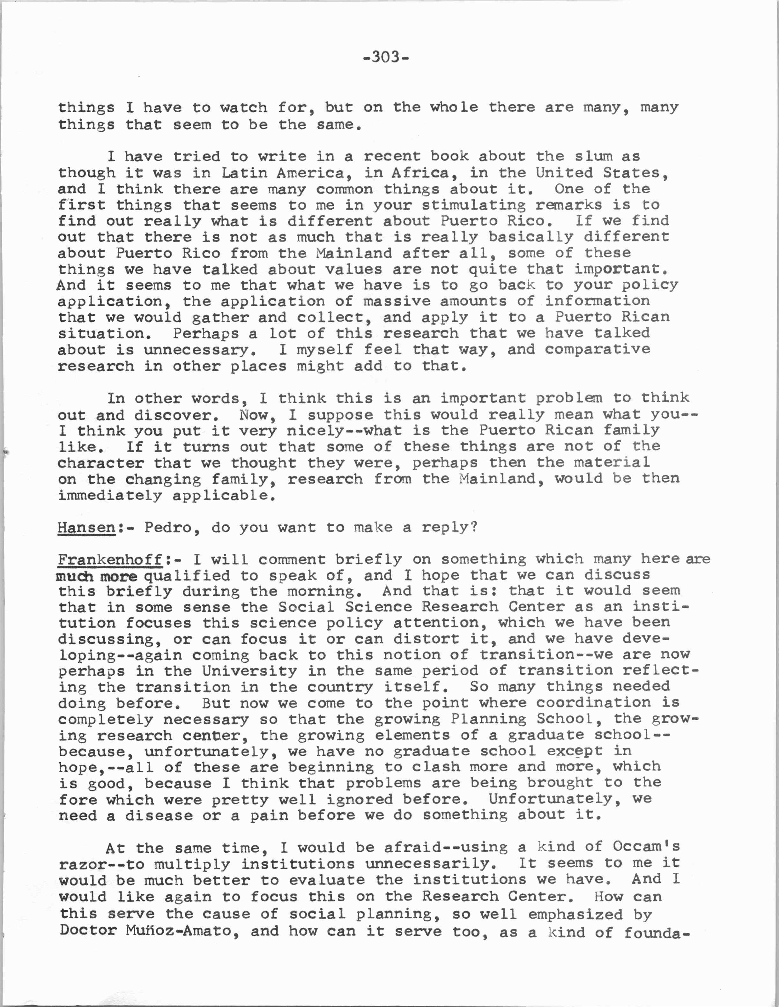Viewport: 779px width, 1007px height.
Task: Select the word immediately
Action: tap(110, 496)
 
